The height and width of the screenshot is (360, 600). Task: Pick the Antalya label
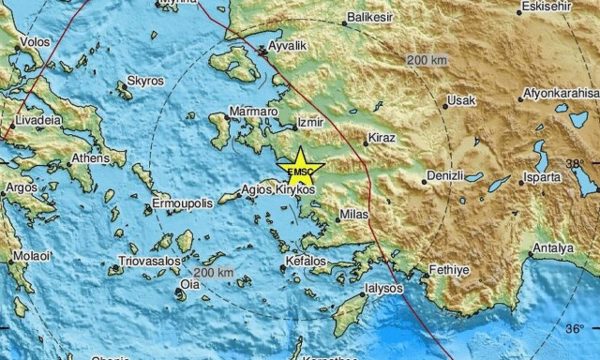pyautogui.click(x=552, y=248)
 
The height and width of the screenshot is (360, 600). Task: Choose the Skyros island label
pyautogui.click(x=144, y=82)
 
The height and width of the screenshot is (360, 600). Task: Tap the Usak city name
pyautogui.click(x=461, y=100)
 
